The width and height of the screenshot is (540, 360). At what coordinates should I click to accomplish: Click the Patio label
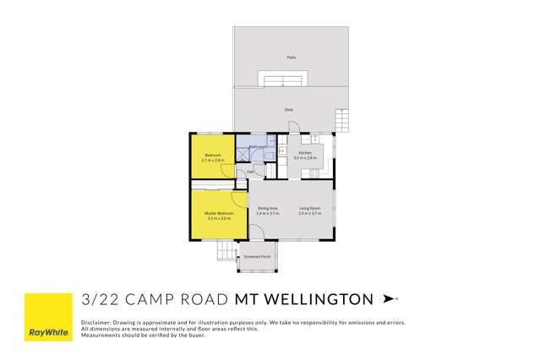291,57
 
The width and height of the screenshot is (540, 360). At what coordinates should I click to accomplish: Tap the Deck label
289,110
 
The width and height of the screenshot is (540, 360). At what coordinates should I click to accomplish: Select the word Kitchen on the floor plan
304,153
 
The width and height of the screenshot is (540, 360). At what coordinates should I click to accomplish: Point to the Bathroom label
259,147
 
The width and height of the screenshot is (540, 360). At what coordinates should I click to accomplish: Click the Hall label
250,172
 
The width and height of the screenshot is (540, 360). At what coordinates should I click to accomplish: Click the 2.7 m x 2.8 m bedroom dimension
213,160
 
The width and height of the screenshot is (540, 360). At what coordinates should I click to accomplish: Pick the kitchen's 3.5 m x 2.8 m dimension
304,158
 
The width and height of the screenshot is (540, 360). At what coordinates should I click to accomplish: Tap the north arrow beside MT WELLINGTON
389,298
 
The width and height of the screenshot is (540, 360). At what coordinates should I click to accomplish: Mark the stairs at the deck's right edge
341,121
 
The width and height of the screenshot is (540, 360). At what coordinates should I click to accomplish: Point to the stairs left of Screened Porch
226,251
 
